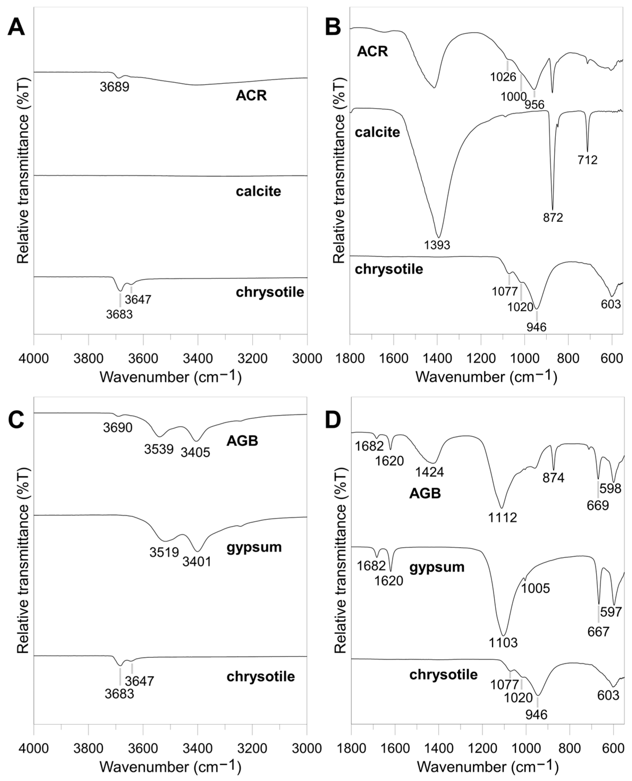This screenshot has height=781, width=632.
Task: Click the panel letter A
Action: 16,28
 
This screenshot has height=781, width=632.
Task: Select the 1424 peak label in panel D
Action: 430,472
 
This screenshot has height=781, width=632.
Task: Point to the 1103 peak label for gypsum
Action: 503,643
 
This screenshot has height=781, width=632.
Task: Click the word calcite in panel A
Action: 258,191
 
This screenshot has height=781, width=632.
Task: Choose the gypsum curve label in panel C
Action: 254,547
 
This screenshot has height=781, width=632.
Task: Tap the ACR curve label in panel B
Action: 372,52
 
